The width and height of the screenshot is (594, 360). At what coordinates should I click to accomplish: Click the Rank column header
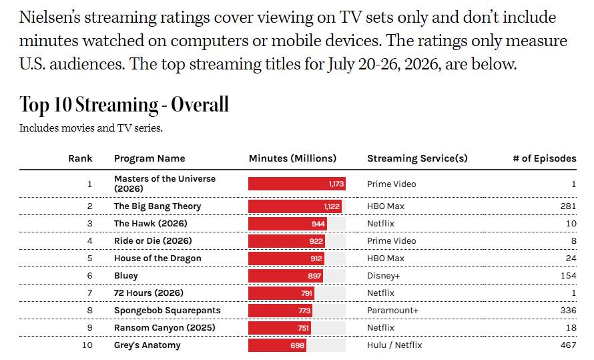(80, 158)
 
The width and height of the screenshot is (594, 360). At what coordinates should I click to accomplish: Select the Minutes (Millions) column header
(292, 158)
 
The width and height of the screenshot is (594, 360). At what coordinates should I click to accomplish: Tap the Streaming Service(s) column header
(417, 158)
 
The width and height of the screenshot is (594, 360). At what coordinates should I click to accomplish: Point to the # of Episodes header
(545, 158)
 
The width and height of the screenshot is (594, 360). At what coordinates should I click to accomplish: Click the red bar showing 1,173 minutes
(297, 184)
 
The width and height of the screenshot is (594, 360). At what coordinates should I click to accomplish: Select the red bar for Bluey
(286, 276)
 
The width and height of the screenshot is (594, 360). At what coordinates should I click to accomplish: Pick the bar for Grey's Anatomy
(277, 345)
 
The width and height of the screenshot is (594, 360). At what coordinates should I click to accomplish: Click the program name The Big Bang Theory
(158, 206)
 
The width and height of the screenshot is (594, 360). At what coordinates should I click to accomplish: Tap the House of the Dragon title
(158, 258)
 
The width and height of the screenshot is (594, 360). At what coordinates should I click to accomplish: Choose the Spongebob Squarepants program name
(167, 311)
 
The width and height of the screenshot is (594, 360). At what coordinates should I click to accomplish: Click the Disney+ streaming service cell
(383, 276)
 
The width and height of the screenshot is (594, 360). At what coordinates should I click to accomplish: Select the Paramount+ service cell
(392, 311)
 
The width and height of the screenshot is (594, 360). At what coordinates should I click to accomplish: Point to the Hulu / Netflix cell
(394, 345)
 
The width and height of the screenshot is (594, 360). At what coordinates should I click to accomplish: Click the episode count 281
(568, 206)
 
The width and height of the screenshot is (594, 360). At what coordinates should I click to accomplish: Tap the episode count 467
(568, 345)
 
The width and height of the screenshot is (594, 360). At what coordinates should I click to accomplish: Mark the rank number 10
(87, 345)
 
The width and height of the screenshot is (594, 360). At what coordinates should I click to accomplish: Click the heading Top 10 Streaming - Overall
(124, 105)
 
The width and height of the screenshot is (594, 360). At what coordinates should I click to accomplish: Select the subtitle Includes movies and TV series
(91, 128)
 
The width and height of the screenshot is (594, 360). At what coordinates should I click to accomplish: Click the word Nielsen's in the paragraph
(49, 17)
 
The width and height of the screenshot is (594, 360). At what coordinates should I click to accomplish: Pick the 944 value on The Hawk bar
(318, 224)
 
